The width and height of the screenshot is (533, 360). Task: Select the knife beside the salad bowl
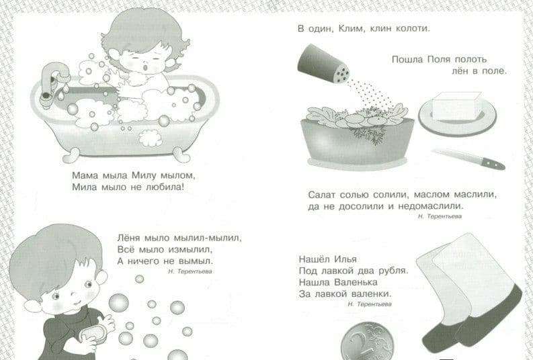click(x=468, y=159)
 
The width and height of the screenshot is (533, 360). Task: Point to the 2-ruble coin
click(x=367, y=341)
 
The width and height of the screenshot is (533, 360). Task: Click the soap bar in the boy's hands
click(x=93, y=334)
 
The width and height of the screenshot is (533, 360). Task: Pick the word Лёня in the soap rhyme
click(x=129, y=237)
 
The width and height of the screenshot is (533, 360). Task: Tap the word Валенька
click(x=356, y=282)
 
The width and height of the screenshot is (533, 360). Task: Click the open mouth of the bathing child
click(x=145, y=68)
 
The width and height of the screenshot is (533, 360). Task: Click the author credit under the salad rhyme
click(x=440, y=216)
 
